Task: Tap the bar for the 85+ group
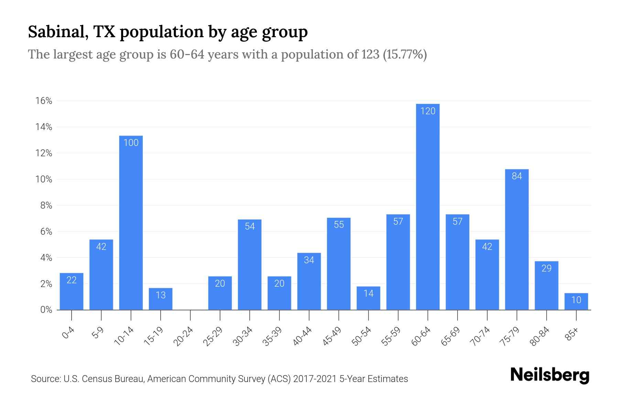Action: [x=576, y=302]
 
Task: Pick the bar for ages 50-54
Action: [x=368, y=298]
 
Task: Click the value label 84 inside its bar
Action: [x=517, y=176]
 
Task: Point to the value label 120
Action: [x=427, y=111]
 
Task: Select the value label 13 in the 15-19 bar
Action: [x=161, y=295]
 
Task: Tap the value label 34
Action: [x=309, y=260]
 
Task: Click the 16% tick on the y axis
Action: [x=44, y=101]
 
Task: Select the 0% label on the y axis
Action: [x=46, y=310]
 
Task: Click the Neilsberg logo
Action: [x=550, y=375]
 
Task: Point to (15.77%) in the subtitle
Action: [x=405, y=54]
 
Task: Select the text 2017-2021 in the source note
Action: [x=315, y=379]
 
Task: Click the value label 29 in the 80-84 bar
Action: [x=546, y=268]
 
